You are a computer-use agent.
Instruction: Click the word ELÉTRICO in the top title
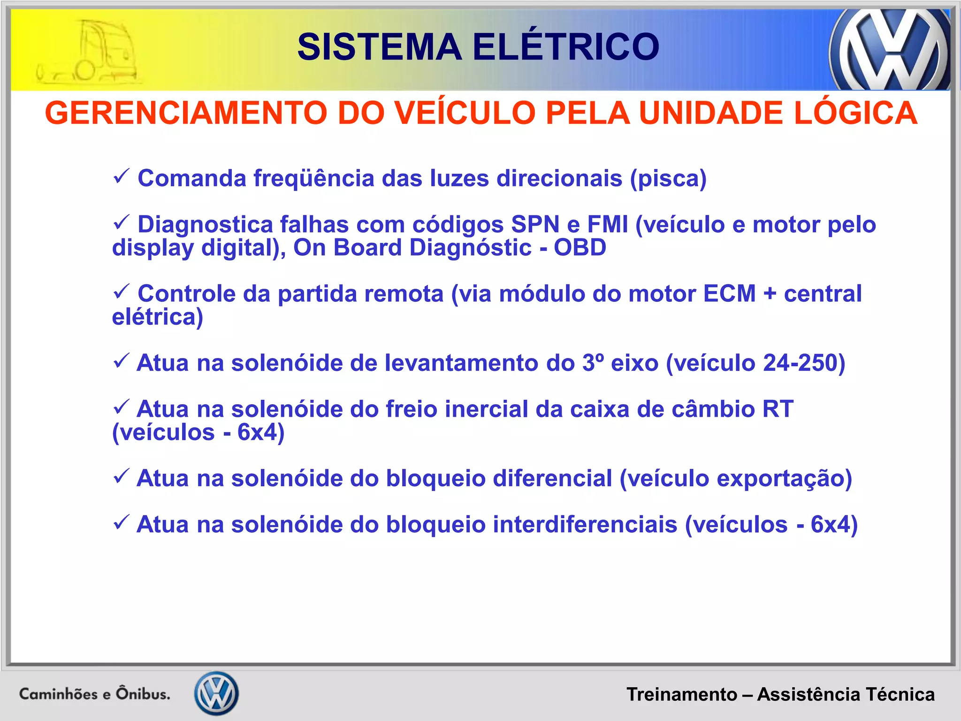click(x=565, y=47)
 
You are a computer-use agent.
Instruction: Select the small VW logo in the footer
click(x=216, y=693)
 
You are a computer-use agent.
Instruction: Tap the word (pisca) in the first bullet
click(x=668, y=178)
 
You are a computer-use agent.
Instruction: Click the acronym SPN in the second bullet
click(x=535, y=224)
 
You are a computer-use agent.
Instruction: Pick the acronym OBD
click(x=580, y=247)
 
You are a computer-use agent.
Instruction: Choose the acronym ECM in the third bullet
click(x=730, y=294)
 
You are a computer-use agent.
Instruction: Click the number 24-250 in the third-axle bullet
click(x=800, y=363)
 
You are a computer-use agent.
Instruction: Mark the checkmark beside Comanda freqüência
click(x=121, y=177)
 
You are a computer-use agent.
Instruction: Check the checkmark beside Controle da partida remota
click(x=121, y=292)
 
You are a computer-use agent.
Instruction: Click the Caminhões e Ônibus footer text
click(x=94, y=694)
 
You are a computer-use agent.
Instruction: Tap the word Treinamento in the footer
click(x=682, y=694)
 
